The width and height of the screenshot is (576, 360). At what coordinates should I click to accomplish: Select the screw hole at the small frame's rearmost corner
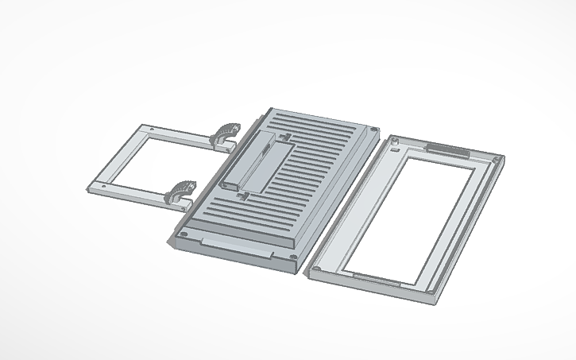tap(151, 128)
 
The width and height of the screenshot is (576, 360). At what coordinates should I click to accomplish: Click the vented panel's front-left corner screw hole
tap(184, 235)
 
